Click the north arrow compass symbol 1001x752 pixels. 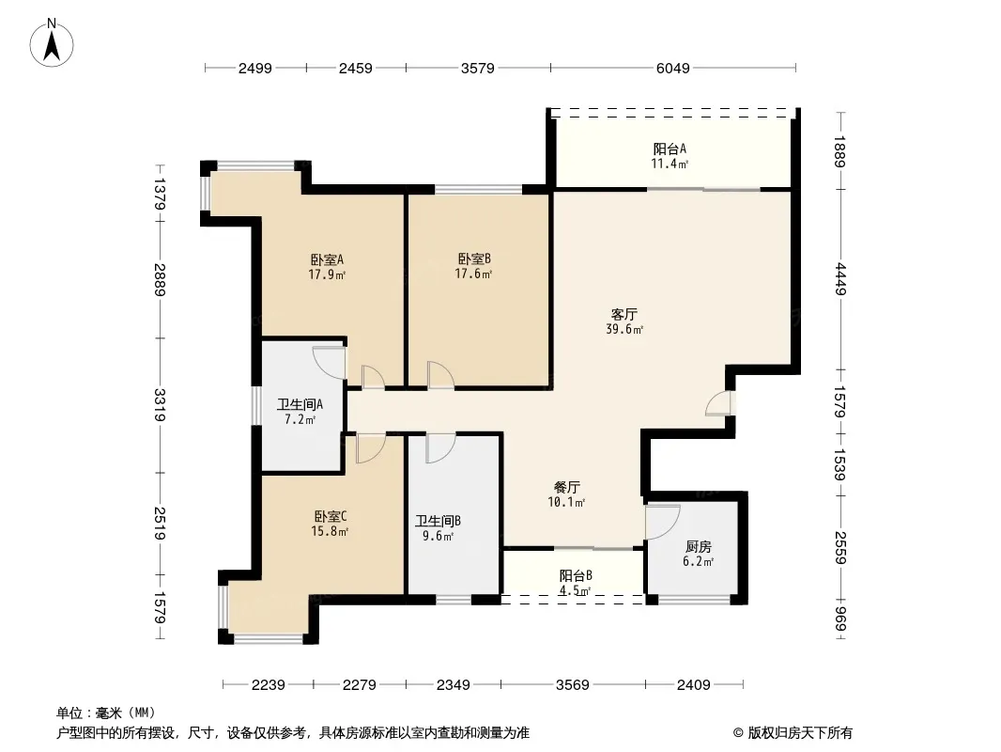[52, 43]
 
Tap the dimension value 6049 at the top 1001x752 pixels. [673, 69]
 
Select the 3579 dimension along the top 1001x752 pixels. [478, 69]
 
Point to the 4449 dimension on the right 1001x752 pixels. [840, 279]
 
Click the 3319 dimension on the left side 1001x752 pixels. [159, 405]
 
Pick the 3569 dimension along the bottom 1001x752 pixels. [572, 685]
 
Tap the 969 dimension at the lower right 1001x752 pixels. [840, 619]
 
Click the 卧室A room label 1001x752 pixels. [327, 260]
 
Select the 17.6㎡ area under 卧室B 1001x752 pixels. [473, 274]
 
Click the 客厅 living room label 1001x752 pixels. [624, 314]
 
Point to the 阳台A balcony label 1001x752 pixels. [670, 149]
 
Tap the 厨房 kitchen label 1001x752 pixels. [698, 547]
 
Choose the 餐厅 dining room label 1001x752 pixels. [566, 488]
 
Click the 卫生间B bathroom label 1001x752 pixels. [438, 522]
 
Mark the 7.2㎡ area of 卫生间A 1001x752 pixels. [300, 420]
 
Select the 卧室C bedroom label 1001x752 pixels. [330, 516]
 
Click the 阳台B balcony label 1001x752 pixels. [576, 575]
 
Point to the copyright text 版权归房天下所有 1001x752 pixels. [800, 733]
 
